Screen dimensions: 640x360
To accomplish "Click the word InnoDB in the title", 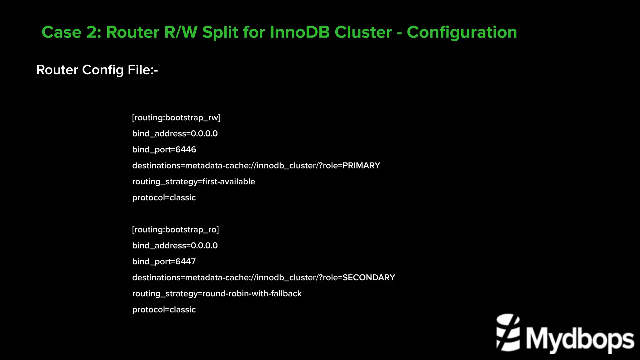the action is (x=299, y=32).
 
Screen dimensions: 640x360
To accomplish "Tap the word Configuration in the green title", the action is (x=462, y=32).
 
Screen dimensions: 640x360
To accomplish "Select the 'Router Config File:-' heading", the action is (x=97, y=70).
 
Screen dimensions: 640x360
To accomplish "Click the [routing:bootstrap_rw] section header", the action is (x=176, y=118).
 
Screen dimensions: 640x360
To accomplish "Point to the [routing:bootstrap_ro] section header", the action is (x=175, y=230).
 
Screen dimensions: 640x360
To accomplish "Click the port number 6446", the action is (x=186, y=150).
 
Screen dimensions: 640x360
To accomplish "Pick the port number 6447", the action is (x=186, y=262).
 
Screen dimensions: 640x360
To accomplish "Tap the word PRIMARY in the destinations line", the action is (x=361, y=166).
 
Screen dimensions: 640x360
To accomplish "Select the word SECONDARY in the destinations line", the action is (x=369, y=277).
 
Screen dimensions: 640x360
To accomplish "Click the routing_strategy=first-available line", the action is (x=193, y=182).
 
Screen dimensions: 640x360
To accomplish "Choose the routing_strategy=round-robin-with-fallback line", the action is (x=217, y=294).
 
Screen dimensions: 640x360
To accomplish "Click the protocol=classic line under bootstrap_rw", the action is (x=164, y=198).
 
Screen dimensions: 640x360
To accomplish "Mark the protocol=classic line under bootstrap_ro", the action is (x=164, y=310).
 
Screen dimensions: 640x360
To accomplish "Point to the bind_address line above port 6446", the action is (x=175, y=134).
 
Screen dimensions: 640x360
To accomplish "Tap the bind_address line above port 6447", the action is (x=175, y=246).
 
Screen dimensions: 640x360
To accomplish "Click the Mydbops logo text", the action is (x=580, y=339).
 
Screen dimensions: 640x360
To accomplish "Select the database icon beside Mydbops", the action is (x=508, y=333).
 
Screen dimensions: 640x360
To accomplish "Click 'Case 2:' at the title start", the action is (x=71, y=32).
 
